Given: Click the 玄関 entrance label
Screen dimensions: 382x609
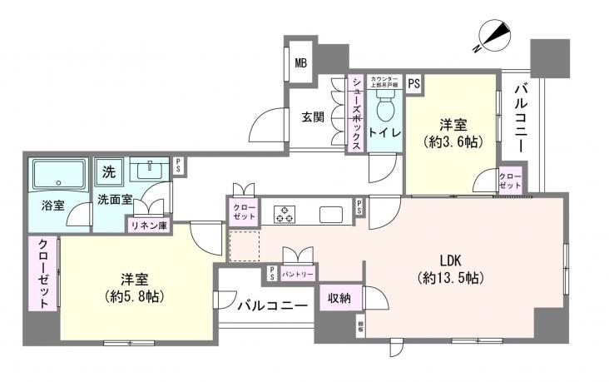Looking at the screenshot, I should (313, 117).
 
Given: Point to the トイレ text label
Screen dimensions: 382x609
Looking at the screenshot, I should (386, 133).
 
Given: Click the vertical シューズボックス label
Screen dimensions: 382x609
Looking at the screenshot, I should (355, 112).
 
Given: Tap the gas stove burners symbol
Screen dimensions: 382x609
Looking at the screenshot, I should (284, 213).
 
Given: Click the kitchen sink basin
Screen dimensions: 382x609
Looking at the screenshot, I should (330, 214).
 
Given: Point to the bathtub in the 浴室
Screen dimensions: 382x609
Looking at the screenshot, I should (59, 176).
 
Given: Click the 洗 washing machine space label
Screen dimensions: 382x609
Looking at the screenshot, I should (109, 172).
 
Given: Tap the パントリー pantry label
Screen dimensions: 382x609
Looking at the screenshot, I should (297, 272).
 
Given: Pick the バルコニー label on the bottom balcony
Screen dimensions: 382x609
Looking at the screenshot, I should (272, 305).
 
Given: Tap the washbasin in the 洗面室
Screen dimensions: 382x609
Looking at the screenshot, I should (149, 170).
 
